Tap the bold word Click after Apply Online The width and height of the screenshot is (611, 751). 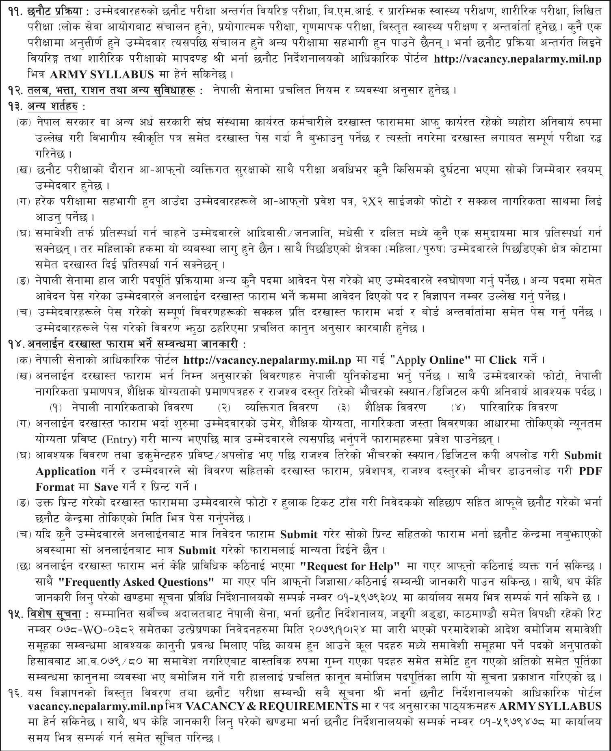(x=503, y=360)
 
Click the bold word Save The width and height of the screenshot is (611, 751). (x=106, y=487)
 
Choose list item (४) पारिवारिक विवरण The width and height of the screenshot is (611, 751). (x=504, y=407)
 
